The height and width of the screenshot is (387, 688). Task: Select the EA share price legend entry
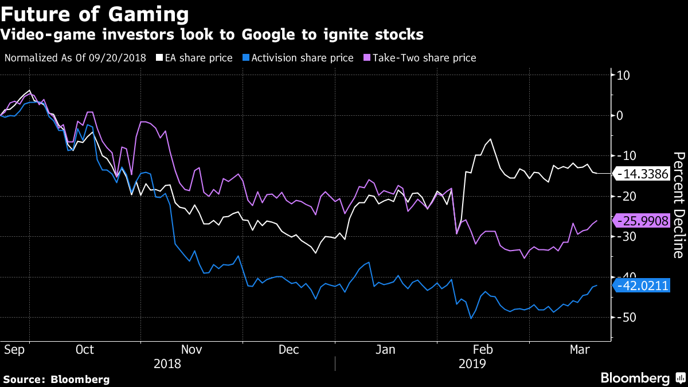(x=195, y=58)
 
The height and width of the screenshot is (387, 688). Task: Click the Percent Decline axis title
(x=678, y=205)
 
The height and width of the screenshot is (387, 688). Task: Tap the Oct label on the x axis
(x=84, y=349)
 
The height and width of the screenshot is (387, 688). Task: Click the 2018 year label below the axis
(x=167, y=363)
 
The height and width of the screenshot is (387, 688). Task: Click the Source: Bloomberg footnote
(x=56, y=379)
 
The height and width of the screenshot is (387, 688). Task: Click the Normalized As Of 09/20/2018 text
(x=75, y=58)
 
